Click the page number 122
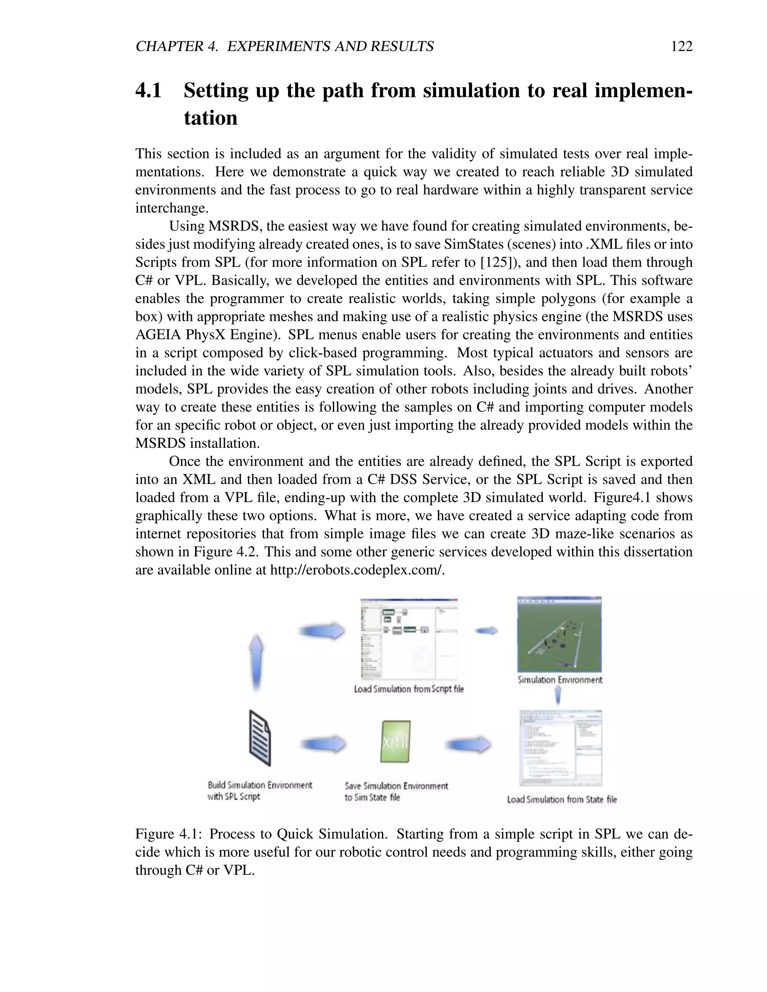681,46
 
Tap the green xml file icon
395,741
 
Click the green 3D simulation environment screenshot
560,634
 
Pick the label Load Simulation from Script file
409,689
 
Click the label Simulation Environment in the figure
560,680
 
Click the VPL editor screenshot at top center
409,639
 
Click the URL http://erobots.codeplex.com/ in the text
357,570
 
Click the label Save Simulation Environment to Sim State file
396,792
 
